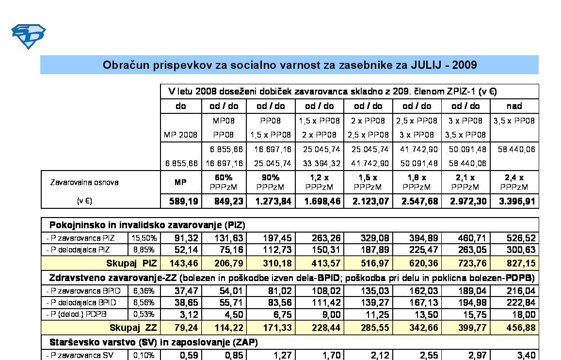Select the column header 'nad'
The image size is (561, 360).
514,106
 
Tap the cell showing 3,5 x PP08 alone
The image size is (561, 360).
514,121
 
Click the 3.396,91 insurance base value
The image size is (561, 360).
514,201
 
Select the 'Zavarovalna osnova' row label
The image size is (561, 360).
84,183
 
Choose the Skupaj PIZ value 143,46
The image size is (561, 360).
182,264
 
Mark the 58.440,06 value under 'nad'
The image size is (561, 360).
514,149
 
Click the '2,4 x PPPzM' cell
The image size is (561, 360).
514,182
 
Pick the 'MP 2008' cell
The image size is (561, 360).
180,135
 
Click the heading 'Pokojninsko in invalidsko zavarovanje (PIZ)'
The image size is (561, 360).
147,225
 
